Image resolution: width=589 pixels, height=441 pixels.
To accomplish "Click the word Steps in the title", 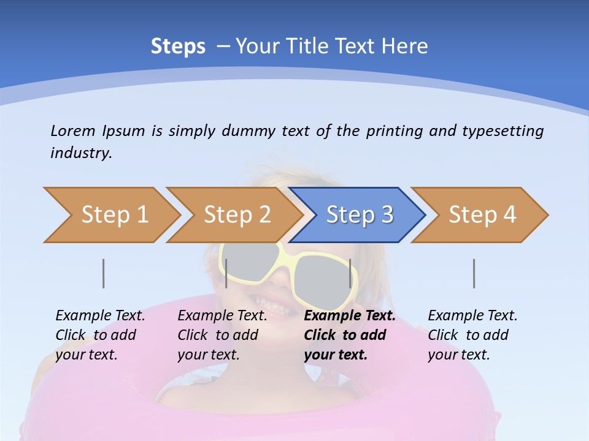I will pyautogui.click(x=178, y=47).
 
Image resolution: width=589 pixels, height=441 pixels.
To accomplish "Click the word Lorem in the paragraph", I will pyautogui.click(x=72, y=130).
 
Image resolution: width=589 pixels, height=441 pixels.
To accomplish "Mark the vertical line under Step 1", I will pyautogui.click(x=104, y=274).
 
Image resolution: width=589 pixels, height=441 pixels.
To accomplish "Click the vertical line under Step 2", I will pyautogui.click(x=226, y=274).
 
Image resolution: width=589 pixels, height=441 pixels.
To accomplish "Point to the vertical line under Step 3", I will pyautogui.click(x=350, y=274).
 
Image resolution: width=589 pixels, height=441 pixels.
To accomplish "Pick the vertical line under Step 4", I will pyautogui.click(x=474, y=274).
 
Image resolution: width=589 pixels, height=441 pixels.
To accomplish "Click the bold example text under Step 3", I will pyautogui.click(x=350, y=335).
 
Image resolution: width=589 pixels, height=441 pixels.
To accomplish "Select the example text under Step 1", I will pyautogui.click(x=100, y=335).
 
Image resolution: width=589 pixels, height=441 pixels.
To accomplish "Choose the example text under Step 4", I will pyautogui.click(x=472, y=335).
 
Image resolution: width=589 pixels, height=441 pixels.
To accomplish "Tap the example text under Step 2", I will pyautogui.click(x=222, y=335).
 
